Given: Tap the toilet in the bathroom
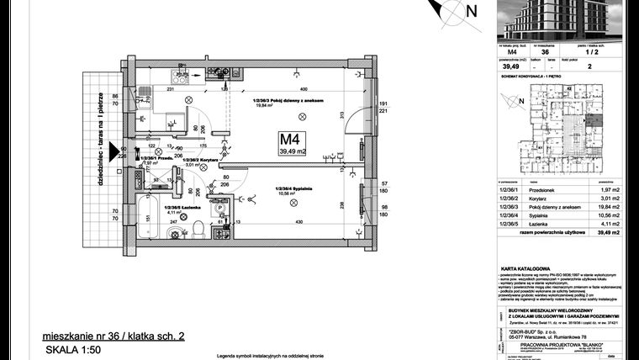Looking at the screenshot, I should [x=194, y=229].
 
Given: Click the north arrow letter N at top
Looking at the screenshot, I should [x=472, y=11].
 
